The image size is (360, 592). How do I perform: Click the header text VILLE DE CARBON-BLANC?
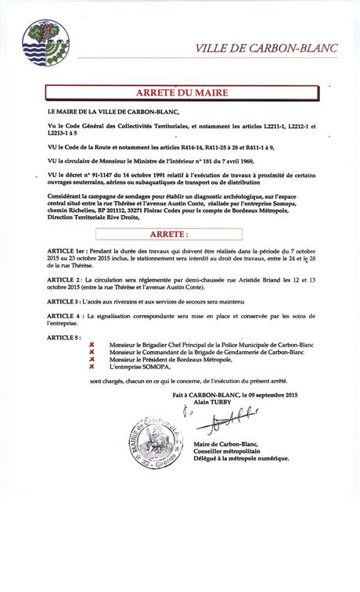click(266, 48)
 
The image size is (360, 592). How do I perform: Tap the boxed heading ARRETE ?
click(169, 233)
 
